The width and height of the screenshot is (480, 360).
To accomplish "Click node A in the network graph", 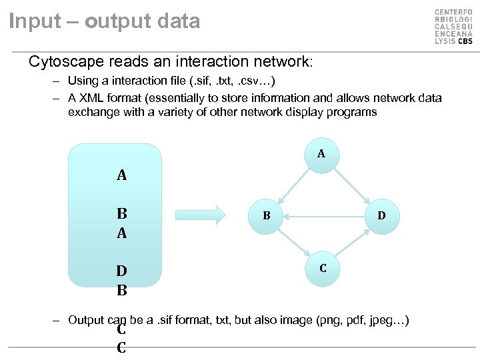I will tap(321, 154).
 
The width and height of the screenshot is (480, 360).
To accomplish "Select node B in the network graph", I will tap(266, 215).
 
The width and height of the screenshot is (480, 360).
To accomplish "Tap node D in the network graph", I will tap(381, 215).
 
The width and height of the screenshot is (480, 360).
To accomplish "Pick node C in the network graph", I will tap(323, 269).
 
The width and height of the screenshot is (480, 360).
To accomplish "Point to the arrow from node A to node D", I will tap(351, 184).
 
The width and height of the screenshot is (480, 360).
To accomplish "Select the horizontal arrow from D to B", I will tap(323, 215).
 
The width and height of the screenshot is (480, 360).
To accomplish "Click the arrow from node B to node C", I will tap(294, 241).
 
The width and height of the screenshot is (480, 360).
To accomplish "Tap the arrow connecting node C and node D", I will tap(352, 242).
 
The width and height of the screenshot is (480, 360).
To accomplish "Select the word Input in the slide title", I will tap(33, 21).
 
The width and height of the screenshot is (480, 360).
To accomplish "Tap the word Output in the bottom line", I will tap(86, 320).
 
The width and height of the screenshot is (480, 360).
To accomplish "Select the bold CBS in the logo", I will tap(464, 41).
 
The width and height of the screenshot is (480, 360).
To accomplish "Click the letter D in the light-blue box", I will tap(122, 271).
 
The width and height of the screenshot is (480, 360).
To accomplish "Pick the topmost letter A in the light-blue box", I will tap(122, 175).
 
